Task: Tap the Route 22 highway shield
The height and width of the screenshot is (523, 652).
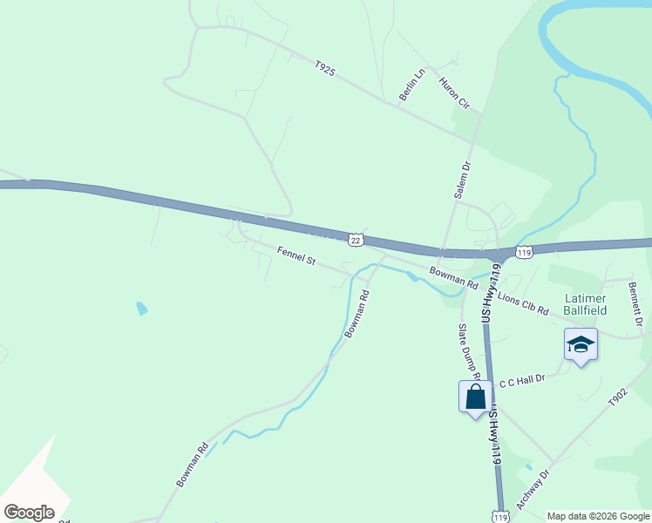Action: point(356,239)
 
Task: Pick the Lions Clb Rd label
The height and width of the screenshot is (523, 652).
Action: point(525,303)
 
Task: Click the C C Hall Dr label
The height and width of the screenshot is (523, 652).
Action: point(521,381)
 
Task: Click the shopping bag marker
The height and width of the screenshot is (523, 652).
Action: point(475,397)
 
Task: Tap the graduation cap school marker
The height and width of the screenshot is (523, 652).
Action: point(581,345)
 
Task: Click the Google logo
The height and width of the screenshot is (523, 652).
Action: point(29,512)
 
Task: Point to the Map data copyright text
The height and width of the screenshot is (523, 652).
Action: point(598,516)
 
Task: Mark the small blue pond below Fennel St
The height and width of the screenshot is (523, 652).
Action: point(142,308)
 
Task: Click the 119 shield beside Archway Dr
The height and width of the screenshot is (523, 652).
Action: point(499,516)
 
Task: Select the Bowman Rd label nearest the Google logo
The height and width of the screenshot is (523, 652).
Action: point(193,465)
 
